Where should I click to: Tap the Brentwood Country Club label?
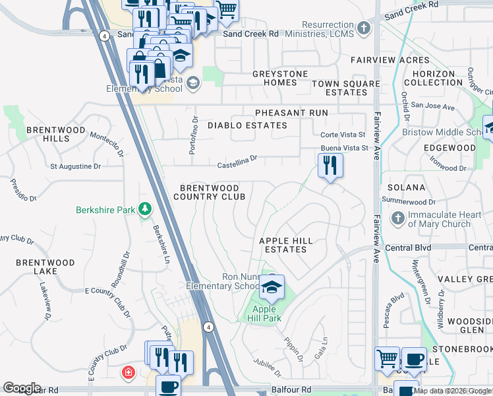[210, 192]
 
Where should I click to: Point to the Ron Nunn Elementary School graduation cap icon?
[271, 287]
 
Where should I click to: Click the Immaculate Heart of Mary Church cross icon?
[398, 218]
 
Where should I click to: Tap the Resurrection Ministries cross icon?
[365, 28]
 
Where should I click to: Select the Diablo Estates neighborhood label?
[247, 125]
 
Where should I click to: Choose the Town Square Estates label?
[346, 88]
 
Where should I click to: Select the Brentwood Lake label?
[45, 267]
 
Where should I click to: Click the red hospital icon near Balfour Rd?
[127, 373]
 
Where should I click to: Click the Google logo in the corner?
[22, 388]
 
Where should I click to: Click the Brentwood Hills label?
[56, 134]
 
